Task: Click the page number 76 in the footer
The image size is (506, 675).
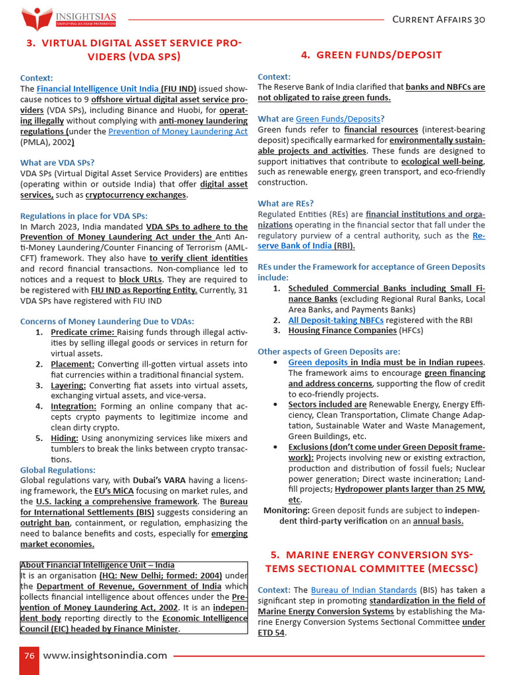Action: pyautogui.click(x=29, y=655)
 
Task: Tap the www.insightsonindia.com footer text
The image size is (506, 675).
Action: pyautogui.click(x=105, y=655)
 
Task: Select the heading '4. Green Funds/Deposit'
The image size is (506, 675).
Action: pyautogui.click(x=371, y=55)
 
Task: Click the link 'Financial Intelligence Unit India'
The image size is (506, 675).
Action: pyautogui.click(x=98, y=88)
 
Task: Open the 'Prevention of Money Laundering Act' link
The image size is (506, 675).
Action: pyautogui.click(x=178, y=131)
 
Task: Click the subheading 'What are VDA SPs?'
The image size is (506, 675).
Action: pyautogui.click(x=57, y=162)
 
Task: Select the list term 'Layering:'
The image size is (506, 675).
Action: pyautogui.click(x=69, y=385)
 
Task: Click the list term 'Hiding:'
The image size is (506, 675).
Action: pyautogui.click(x=65, y=438)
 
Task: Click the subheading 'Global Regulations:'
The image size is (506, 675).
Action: pyautogui.click(x=58, y=470)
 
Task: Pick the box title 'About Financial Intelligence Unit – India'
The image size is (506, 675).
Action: pyautogui.click(x=98, y=565)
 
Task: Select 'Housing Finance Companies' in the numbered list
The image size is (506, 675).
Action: pyautogui.click(x=343, y=330)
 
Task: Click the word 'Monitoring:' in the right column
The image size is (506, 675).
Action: pyautogui.click(x=287, y=510)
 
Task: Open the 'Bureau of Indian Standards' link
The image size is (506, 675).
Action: pyautogui.click(x=364, y=589)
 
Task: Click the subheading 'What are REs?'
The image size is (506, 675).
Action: pyautogui.click(x=286, y=203)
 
